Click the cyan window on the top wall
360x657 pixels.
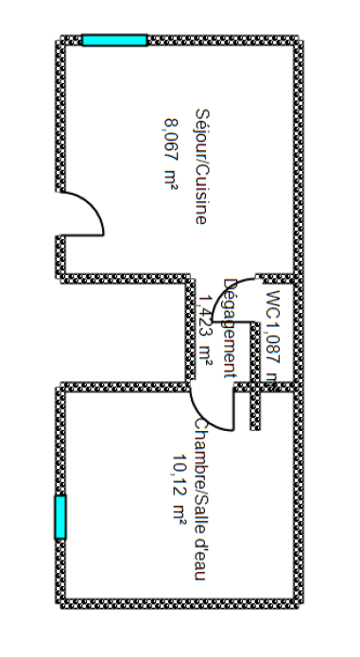pos(114,40)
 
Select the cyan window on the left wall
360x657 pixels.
pos(60,516)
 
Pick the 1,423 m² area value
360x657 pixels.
pos(206,326)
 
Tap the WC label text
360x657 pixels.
pos(273,304)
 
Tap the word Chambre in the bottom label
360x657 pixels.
pos(200,450)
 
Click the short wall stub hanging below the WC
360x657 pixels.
pos(255,406)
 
